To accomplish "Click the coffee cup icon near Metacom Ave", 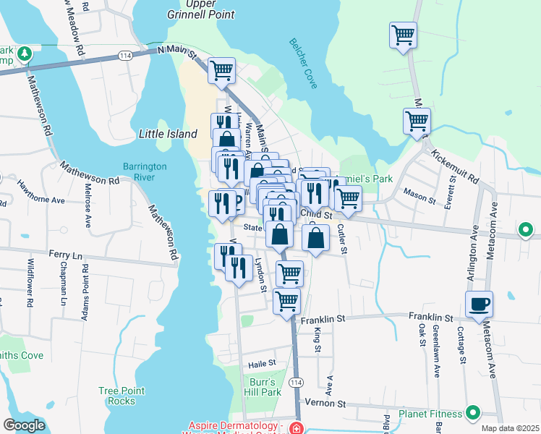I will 479,305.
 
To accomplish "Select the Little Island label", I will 168,134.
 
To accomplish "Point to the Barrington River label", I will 145,171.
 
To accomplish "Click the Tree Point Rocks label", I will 116,396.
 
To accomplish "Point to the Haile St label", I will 263,363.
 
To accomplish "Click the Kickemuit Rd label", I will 454,166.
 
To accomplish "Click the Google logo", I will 24,425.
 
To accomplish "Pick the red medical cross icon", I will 295,428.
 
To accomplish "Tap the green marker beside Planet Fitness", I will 473,413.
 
